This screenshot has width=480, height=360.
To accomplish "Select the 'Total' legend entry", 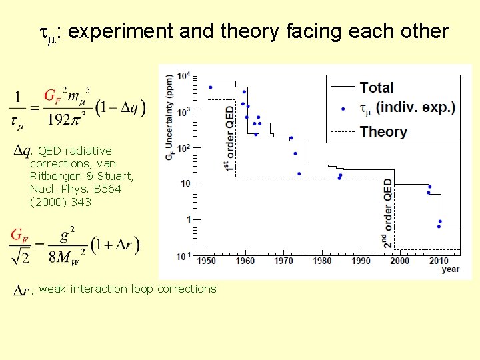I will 377,87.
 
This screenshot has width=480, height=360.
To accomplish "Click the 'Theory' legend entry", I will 383,131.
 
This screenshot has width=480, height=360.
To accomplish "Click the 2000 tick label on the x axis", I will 399,261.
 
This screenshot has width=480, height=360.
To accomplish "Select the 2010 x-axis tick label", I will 439,261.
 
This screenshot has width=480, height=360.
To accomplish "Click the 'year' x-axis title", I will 450,269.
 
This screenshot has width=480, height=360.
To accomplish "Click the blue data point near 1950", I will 211,87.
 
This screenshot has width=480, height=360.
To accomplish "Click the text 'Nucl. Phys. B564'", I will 76,189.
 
